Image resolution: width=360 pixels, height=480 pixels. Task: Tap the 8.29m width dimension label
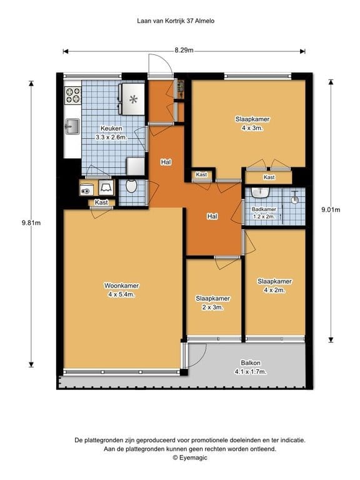click(184, 50)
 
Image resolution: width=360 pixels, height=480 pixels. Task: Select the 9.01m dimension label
click(330, 210)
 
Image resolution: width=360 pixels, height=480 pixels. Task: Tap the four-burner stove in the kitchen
click(73, 95)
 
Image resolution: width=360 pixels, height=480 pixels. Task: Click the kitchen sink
click(71, 127)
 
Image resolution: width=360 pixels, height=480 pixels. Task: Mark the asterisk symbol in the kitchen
click(133, 99)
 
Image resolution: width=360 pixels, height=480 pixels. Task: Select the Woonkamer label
click(122, 289)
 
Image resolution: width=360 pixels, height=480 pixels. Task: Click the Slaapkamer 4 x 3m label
click(248, 123)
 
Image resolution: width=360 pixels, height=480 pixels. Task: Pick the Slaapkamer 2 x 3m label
click(212, 302)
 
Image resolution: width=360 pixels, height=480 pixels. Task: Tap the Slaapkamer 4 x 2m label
click(274, 285)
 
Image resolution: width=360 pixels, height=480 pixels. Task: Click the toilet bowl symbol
click(131, 186)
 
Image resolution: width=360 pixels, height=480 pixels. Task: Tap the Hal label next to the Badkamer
click(212, 216)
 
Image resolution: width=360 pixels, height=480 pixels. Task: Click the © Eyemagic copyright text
click(190, 457)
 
